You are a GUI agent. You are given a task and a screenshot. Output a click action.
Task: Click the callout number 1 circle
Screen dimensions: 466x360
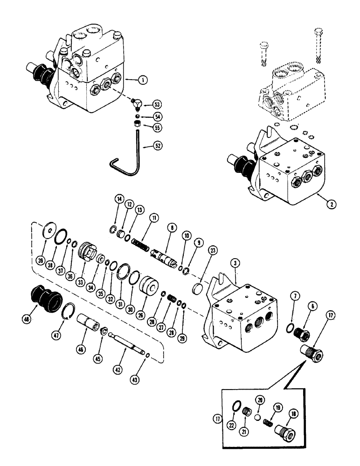pyautogui.click(x=143, y=80)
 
